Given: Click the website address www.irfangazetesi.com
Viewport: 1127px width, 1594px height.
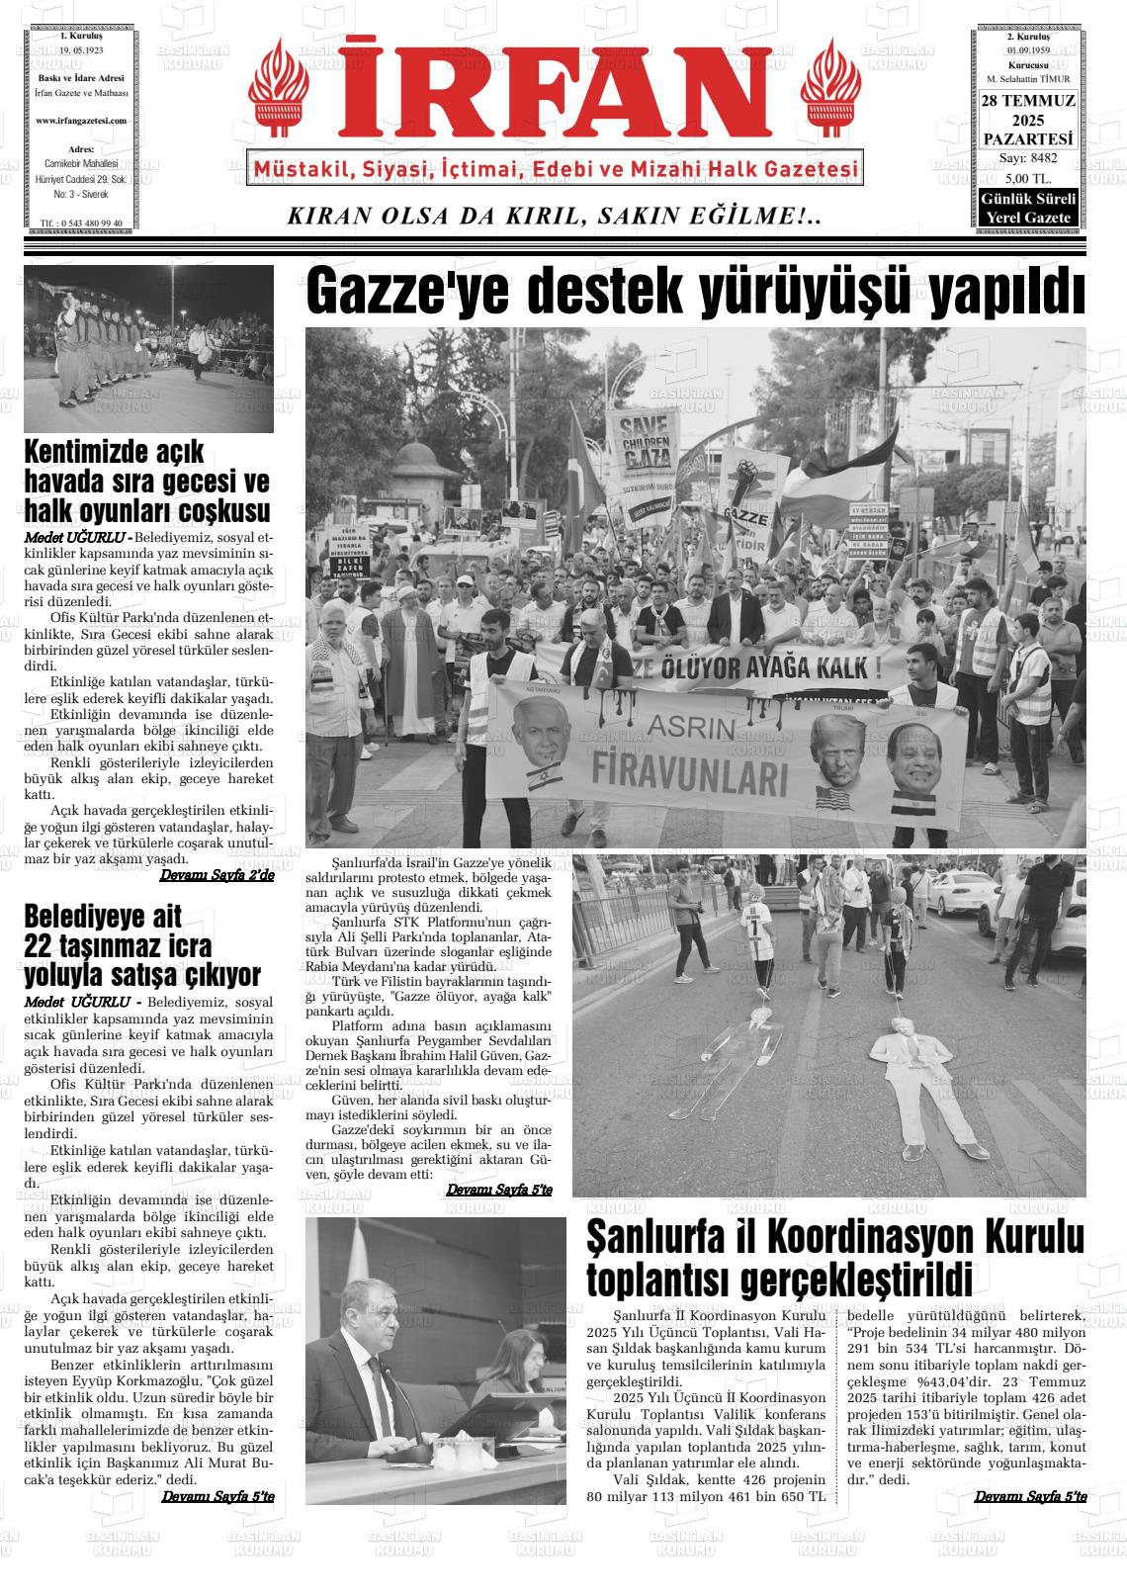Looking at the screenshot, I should click(81, 121).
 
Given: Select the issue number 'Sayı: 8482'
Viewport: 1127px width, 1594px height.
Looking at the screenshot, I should click(1028, 158).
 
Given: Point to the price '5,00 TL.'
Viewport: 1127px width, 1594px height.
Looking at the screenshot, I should click(1028, 178).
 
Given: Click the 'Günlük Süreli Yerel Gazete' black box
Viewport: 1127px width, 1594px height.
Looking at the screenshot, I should click(1028, 208).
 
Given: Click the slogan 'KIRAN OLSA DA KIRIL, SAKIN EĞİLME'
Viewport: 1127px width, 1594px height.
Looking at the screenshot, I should click(554, 217).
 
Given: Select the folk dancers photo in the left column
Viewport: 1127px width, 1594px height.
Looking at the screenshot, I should click(148, 349).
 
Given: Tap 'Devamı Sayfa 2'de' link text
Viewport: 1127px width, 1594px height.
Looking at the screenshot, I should click(217, 875).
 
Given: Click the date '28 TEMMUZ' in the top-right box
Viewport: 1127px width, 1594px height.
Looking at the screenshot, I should click(1028, 101).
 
